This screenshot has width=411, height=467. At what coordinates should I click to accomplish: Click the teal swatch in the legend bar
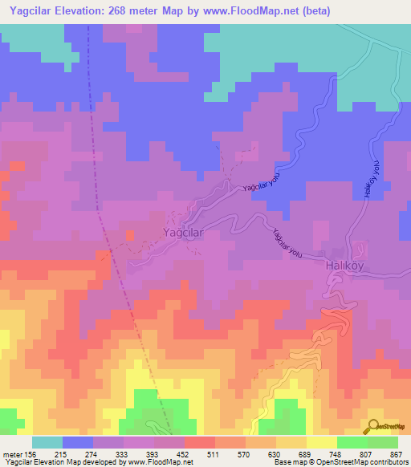point(47,442)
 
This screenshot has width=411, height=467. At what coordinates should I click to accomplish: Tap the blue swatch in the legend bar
point(78,442)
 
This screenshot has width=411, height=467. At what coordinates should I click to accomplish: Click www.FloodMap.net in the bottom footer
point(160,462)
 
